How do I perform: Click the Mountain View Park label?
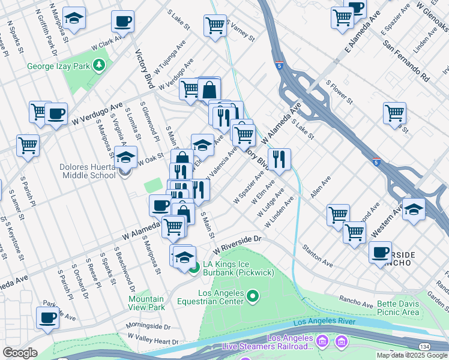(146, 303)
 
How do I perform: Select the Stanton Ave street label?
(318, 255)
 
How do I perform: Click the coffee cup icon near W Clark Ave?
(122, 22)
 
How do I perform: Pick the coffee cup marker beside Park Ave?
(47, 318)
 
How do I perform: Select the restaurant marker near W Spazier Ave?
(279, 159)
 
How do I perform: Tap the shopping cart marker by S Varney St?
(215, 25)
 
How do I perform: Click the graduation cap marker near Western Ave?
(414, 209)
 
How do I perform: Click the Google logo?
(20, 353)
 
